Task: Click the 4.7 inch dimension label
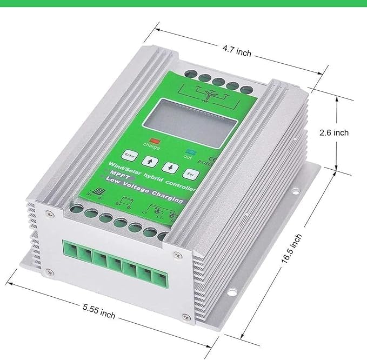(x=236, y=53)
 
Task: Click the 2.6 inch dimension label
(x=333, y=132)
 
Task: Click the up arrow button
(x=148, y=161)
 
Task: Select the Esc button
(x=190, y=174)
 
